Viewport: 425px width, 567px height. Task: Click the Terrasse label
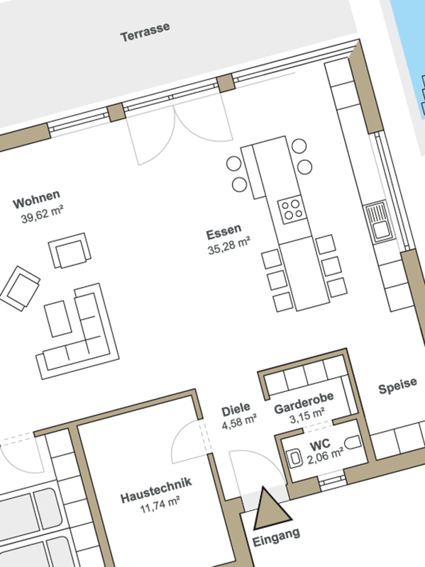[145, 32]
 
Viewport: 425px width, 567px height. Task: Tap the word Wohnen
[37, 199]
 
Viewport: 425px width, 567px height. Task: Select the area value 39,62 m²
[43, 215]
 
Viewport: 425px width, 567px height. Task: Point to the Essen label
[223, 232]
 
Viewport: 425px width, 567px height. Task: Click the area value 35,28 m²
[229, 245]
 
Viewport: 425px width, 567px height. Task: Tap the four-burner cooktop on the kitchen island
[292, 209]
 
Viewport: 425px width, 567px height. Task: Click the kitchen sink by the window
[380, 222]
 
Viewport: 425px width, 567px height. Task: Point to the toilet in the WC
[352, 442]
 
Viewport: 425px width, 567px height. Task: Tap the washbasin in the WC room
[295, 459]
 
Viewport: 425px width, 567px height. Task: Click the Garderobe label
[304, 403]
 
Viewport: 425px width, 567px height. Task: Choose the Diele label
[236, 410]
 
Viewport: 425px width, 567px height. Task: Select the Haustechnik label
[156, 490]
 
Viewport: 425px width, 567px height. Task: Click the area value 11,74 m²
[160, 505]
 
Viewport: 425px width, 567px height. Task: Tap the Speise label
[397, 386]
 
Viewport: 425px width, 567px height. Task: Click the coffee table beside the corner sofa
[57, 318]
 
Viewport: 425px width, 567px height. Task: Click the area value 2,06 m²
[326, 456]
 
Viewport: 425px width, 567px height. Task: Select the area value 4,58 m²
[239, 422]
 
